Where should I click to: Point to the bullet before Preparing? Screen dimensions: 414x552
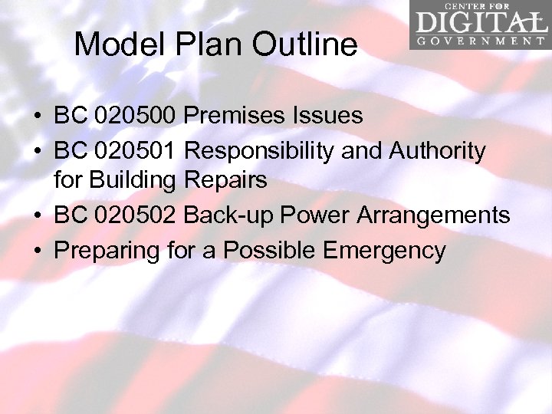pyautogui.click(x=38, y=251)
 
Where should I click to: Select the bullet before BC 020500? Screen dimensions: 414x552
pyautogui.click(x=38, y=116)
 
